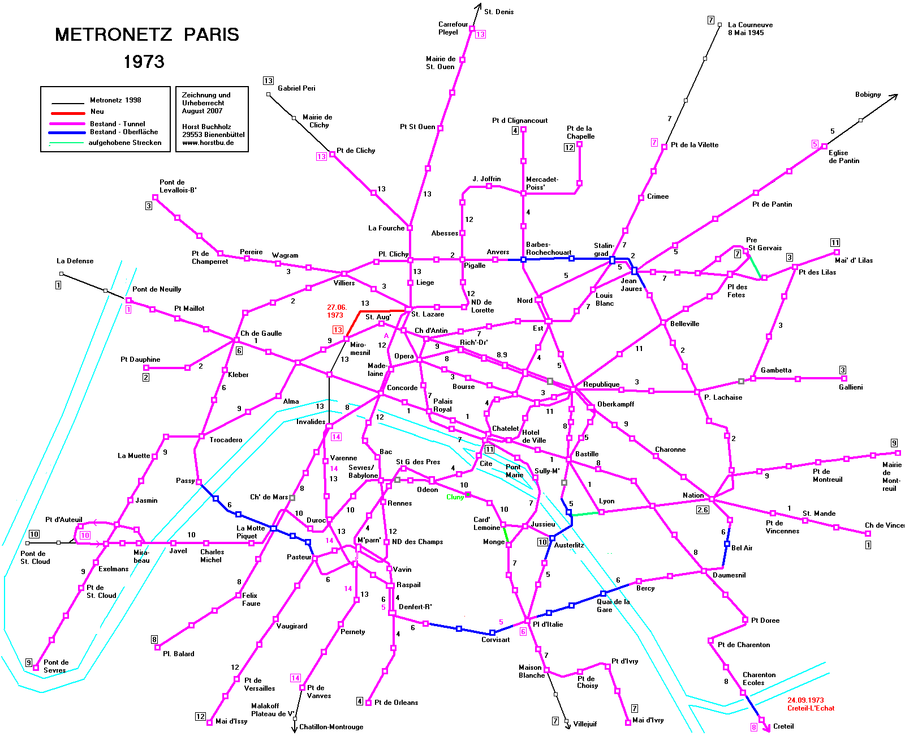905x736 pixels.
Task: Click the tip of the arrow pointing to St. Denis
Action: (480, 4)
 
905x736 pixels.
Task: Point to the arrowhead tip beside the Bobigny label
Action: (898, 95)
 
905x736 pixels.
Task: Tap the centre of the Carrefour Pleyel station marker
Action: (472, 28)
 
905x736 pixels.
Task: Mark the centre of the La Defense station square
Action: (61, 274)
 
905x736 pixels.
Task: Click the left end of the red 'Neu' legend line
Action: (51, 114)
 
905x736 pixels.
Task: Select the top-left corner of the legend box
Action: (41, 87)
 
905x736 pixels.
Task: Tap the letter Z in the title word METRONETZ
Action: (166, 35)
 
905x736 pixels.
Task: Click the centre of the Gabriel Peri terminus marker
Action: (268, 95)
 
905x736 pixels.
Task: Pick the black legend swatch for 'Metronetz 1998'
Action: (67, 103)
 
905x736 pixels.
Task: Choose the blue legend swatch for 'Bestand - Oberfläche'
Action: (67, 132)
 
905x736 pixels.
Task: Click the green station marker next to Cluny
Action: (468, 494)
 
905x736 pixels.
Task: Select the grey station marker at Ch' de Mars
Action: (292, 498)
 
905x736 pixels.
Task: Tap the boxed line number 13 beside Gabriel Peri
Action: (268, 81)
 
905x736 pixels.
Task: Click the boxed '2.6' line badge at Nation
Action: (703, 510)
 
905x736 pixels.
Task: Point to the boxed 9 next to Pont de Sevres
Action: (29, 662)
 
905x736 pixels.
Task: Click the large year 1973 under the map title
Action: (144, 62)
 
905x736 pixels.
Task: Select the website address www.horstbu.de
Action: (208, 143)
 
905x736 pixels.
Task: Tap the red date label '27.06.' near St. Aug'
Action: (337, 307)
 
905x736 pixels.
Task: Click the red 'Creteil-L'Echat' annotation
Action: (811, 708)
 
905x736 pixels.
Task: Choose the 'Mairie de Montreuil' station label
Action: (891, 476)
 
